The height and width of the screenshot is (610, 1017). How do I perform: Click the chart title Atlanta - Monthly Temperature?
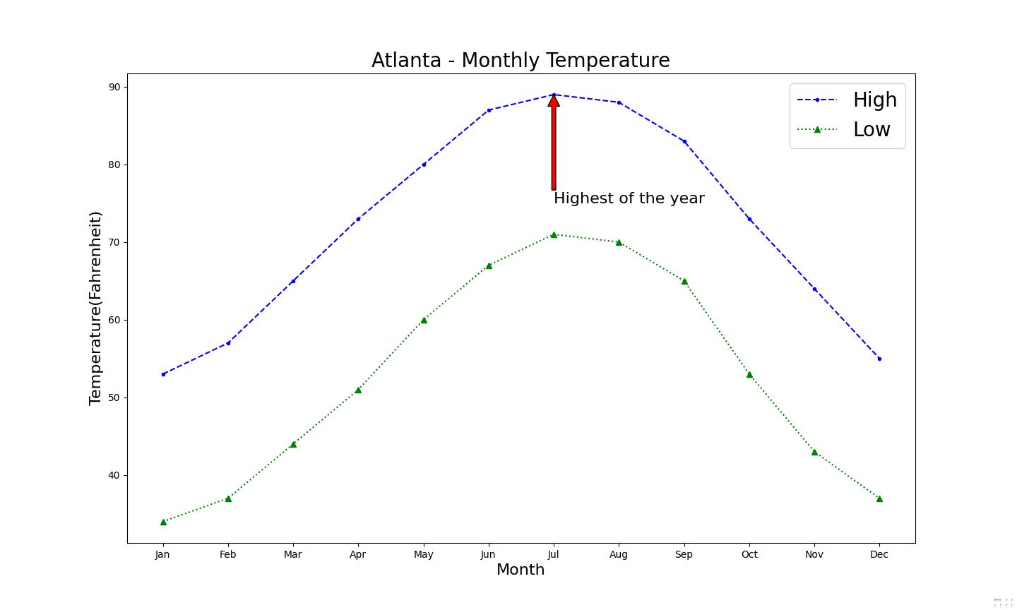pos(521,61)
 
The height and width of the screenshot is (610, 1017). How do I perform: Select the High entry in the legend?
pos(874,100)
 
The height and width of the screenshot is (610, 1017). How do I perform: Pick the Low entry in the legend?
pos(872,130)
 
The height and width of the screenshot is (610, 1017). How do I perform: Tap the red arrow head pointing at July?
pos(554,102)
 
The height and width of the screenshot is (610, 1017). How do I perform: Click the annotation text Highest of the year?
pos(629,198)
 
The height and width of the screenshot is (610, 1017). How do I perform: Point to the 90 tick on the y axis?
pos(114,87)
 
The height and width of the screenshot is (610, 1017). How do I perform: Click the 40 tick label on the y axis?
pos(114,475)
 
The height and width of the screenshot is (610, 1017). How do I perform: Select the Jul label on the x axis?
pos(553,555)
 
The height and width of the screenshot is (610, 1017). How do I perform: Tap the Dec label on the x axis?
pos(879,555)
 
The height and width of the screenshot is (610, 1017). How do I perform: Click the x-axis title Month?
pos(521,570)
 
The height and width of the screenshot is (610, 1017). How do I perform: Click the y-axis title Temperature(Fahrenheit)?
pos(95,308)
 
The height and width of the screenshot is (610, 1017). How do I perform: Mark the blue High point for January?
pos(163,374)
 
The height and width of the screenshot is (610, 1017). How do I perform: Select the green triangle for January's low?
pos(163,522)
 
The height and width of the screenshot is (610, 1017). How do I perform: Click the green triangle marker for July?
pos(554,234)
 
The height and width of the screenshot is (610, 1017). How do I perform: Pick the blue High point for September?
pos(684,141)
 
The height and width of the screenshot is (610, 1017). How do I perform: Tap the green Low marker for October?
pos(749,374)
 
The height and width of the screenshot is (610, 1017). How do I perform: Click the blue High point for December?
pos(879,359)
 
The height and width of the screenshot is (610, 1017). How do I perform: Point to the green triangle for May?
pos(424,320)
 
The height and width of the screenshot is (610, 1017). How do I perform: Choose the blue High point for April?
pos(358,219)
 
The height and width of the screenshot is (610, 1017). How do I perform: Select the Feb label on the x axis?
pos(227,555)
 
